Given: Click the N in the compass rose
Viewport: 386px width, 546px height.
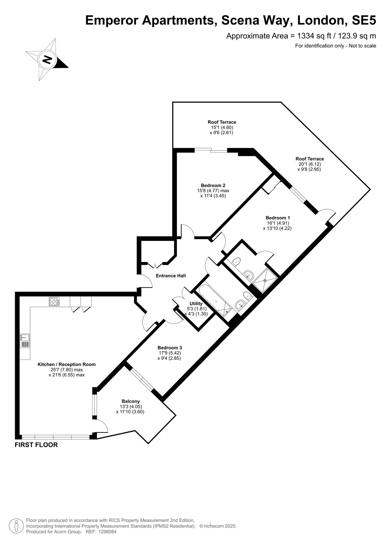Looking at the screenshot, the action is tap(47, 59).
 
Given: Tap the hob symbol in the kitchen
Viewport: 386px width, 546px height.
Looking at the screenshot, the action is tap(54, 302).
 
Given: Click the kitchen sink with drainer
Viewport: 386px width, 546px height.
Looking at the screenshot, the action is tap(25, 341).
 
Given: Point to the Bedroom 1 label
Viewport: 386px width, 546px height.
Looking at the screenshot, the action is tap(278, 218).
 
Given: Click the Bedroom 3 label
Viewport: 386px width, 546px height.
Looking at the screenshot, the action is tap(170, 348).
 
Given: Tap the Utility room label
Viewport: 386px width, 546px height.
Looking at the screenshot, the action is tap(196, 303).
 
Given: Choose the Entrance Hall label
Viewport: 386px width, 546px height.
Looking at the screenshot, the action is tap(171, 276).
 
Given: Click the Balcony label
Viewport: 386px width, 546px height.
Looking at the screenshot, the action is tap(131, 401).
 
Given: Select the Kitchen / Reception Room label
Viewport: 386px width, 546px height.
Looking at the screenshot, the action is tap(67, 364).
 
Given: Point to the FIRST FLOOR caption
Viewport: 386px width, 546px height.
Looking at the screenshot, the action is tap(36, 445).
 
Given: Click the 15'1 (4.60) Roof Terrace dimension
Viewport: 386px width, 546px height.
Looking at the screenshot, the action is tap(222, 127).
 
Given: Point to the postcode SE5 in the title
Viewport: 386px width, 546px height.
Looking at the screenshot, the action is tap(364, 20).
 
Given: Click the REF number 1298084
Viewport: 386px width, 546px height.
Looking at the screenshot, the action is tap(107, 532).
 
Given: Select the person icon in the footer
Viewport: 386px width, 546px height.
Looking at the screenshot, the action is tap(16, 525).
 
